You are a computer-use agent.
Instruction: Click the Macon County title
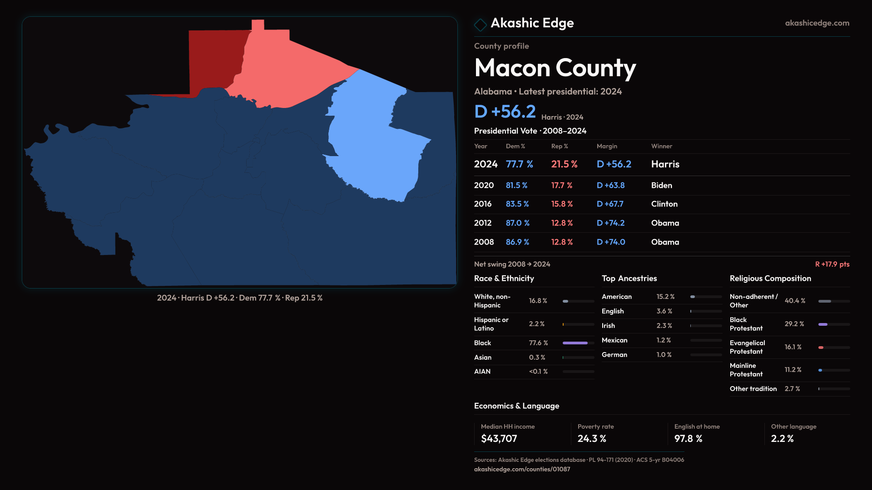(x=555, y=68)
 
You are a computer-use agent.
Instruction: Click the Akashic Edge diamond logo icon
(x=480, y=24)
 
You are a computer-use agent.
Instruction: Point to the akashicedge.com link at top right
(x=817, y=23)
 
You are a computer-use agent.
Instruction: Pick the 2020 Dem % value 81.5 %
(x=516, y=186)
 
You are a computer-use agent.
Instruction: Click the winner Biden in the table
(x=661, y=186)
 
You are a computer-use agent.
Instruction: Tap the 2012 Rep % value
(x=562, y=223)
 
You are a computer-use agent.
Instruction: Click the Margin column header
(x=607, y=146)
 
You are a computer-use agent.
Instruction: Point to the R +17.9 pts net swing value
(x=832, y=264)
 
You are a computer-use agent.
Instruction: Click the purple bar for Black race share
(x=575, y=343)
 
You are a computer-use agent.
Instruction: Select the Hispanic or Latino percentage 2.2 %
(x=536, y=324)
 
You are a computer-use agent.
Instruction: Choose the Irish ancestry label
(x=608, y=326)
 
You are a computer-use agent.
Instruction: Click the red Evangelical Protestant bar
(x=821, y=348)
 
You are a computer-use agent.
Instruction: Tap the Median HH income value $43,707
(x=499, y=439)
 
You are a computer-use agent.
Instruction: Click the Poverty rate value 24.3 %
(x=592, y=439)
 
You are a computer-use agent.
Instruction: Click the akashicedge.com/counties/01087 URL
(x=522, y=469)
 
